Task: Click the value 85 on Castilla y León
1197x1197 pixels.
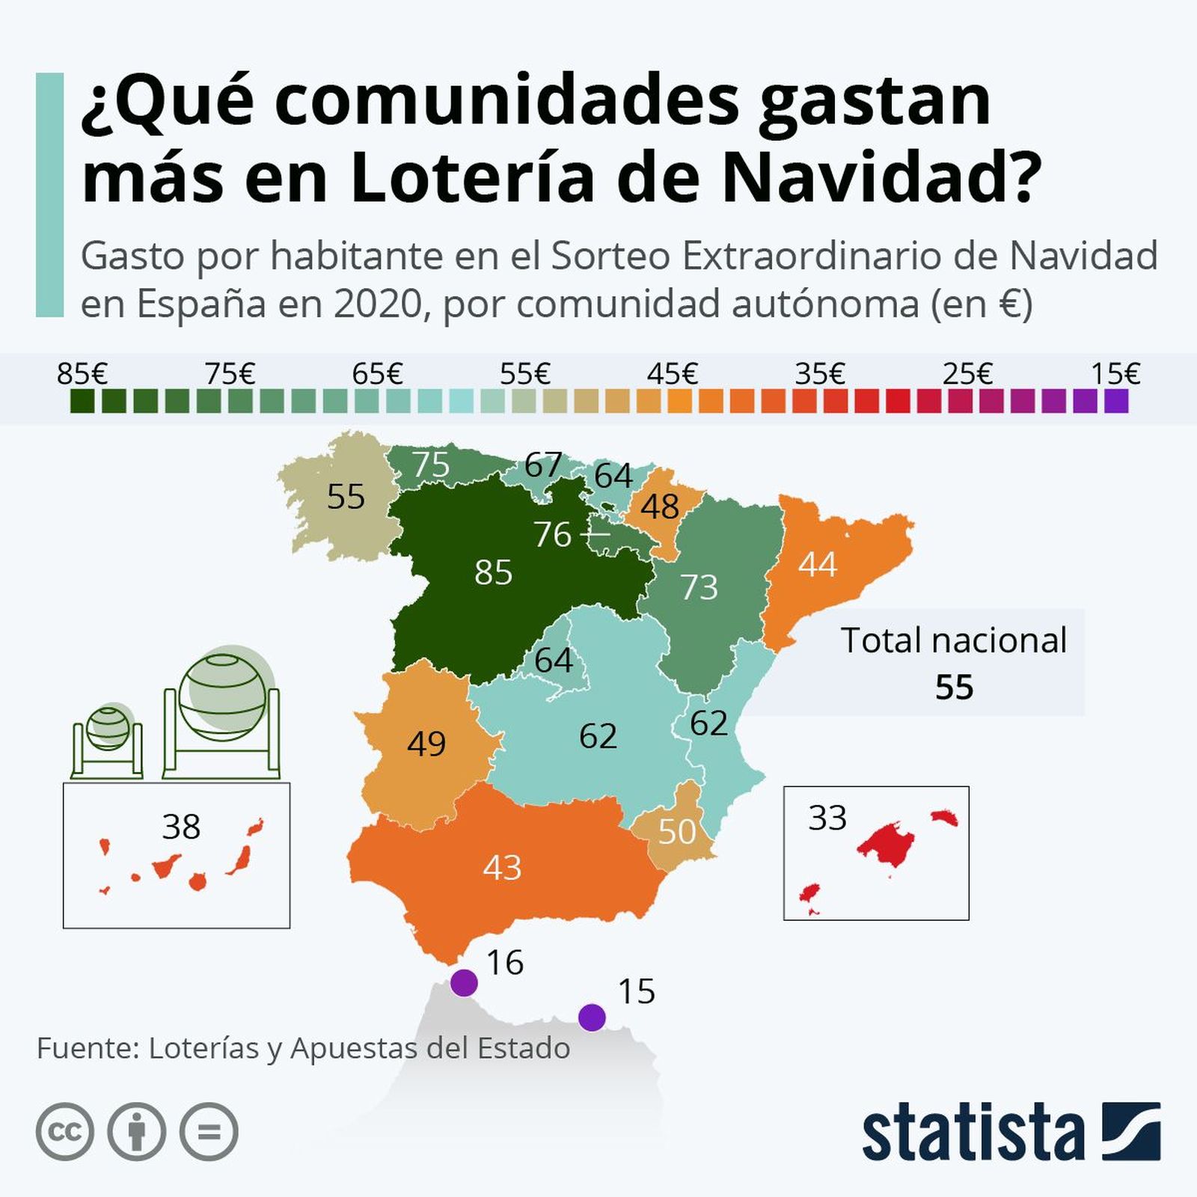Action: pyautogui.click(x=493, y=573)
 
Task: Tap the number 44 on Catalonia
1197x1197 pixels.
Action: pyautogui.click(x=817, y=564)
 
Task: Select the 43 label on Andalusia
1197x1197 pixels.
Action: pyautogui.click(x=502, y=868)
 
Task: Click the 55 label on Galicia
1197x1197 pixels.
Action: pyautogui.click(x=346, y=497)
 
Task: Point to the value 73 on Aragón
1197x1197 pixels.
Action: pyautogui.click(x=699, y=588)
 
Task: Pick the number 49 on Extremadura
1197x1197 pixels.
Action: pyautogui.click(x=426, y=744)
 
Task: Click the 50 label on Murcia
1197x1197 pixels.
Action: pyautogui.click(x=677, y=832)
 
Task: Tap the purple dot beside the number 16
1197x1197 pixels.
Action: pyautogui.click(x=464, y=982)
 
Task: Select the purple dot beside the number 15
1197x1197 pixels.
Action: pyautogui.click(x=592, y=1017)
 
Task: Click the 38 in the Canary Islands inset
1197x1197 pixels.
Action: pyautogui.click(x=181, y=827)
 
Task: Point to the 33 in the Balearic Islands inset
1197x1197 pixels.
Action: pyautogui.click(x=827, y=818)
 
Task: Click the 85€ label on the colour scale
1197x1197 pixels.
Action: pyautogui.click(x=82, y=373)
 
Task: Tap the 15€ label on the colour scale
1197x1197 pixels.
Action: pyautogui.click(x=1115, y=373)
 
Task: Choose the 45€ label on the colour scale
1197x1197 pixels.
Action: pyautogui.click(x=672, y=373)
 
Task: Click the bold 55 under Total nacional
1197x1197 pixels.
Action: pyautogui.click(x=954, y=688)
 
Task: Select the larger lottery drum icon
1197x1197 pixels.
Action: pyautogui.click(x=221, y=714)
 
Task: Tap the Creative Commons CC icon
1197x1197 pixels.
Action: pyautogui.click(x=65, y=1132)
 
